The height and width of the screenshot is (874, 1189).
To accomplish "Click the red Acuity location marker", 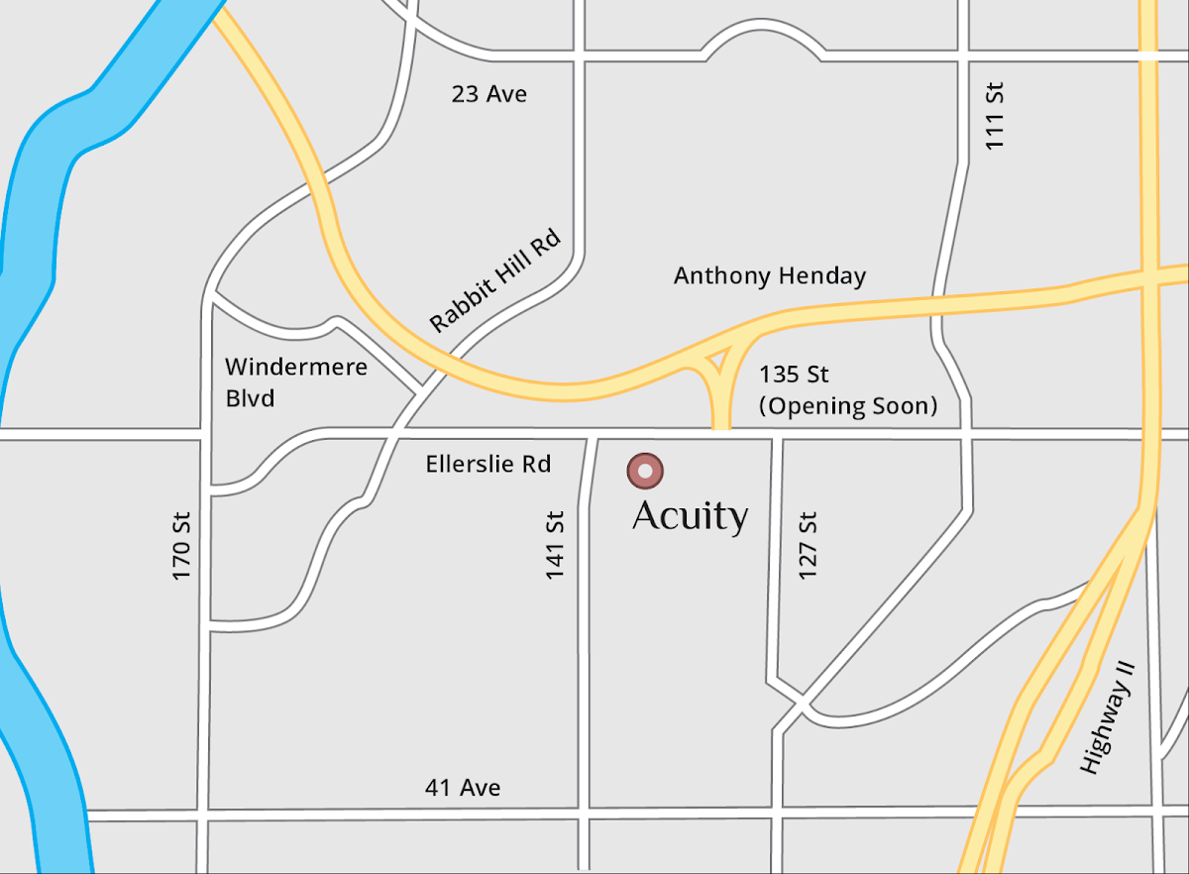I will [x=645, y=471].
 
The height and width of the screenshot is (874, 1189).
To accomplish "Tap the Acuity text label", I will [x=690, y=516].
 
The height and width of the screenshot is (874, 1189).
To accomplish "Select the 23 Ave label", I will [x=489, y=94].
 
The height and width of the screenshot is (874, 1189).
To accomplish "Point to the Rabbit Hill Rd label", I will [x=495, y=280].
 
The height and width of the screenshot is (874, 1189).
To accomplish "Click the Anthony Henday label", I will [x=770, y=275].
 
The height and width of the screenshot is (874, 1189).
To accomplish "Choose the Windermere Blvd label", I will [x=295, y=382].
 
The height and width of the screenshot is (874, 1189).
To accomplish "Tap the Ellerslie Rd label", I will [x=487, y=464].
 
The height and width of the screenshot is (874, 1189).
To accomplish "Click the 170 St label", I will [x=181, y=545].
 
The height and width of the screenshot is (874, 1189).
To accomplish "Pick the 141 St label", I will [x=555, y=545].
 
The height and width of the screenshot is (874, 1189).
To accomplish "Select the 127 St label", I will [x=808, y=545].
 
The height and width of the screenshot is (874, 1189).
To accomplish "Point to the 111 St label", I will [x=995, y=116].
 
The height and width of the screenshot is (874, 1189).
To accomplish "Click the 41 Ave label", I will [x=463, y=788].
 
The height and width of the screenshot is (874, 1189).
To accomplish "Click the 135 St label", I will [x=794, y=375].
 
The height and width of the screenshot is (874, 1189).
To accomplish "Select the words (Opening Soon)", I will [x=847, y=405].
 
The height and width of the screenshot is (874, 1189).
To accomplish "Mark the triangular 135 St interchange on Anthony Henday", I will [x=720, y=362].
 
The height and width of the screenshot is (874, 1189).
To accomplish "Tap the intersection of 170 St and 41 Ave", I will [x=204, y=815].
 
